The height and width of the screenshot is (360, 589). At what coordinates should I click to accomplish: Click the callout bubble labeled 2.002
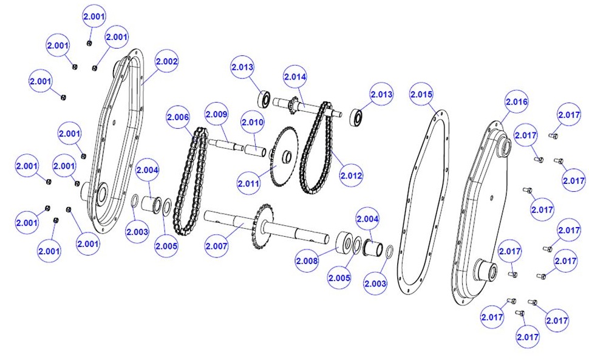(x=166, y=61)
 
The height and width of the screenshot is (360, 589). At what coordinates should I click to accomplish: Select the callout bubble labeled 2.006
(x=178, y=117)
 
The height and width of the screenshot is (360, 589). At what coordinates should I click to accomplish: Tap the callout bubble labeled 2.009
(x=217, y=114)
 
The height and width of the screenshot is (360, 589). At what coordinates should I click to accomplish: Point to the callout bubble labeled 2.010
(x=253, y=123)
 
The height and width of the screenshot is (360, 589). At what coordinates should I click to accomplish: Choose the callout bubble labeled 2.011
(x=249, y=183)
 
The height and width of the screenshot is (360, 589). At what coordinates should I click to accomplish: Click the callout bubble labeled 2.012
(x=351, y=175)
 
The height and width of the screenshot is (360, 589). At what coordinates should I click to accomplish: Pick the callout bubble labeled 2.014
(x=295, y=77)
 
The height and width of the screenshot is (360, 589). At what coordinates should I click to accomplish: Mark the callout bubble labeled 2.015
(x=421, y=94)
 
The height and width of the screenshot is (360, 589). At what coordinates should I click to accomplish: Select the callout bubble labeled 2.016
(x=517, y=102)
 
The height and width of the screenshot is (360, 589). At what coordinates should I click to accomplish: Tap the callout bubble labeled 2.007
(x=216, y=246)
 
